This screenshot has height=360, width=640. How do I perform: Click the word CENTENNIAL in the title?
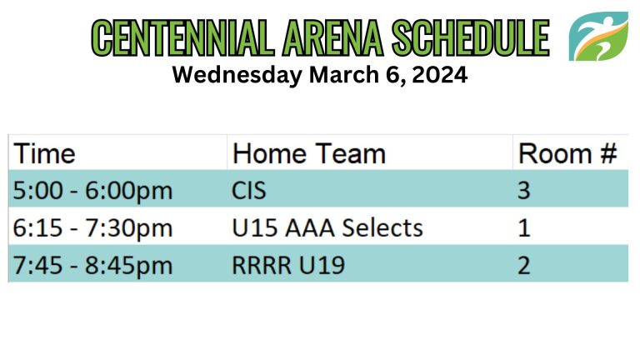(182, 38)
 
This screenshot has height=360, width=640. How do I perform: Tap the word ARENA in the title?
(332, 38)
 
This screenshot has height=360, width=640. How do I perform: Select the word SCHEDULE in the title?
(471, 38)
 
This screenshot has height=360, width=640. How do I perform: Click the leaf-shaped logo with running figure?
(598, 37)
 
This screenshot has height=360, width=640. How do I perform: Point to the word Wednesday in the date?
(237, 76)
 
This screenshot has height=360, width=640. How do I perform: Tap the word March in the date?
(344, 75)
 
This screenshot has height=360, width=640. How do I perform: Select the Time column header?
(44, 154)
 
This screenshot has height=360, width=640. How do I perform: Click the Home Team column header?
(309, 154)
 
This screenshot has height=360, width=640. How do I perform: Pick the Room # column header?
(567, 154)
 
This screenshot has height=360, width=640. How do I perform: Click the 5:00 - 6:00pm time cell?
(92, 191)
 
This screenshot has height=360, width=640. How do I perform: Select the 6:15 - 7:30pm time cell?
(92, 227)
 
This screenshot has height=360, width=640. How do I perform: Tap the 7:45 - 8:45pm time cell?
(92, 265)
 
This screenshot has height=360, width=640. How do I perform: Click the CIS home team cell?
(249, 191)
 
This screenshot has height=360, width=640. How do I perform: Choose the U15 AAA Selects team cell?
(327, 227)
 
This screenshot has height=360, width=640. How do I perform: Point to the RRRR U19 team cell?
(288, 265)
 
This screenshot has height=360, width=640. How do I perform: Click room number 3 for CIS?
(524, 191)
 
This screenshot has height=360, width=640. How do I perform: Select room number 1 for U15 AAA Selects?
(524, 227)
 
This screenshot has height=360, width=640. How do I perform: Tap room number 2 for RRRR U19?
(524, 265)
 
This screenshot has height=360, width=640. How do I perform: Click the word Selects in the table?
(382, 227)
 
